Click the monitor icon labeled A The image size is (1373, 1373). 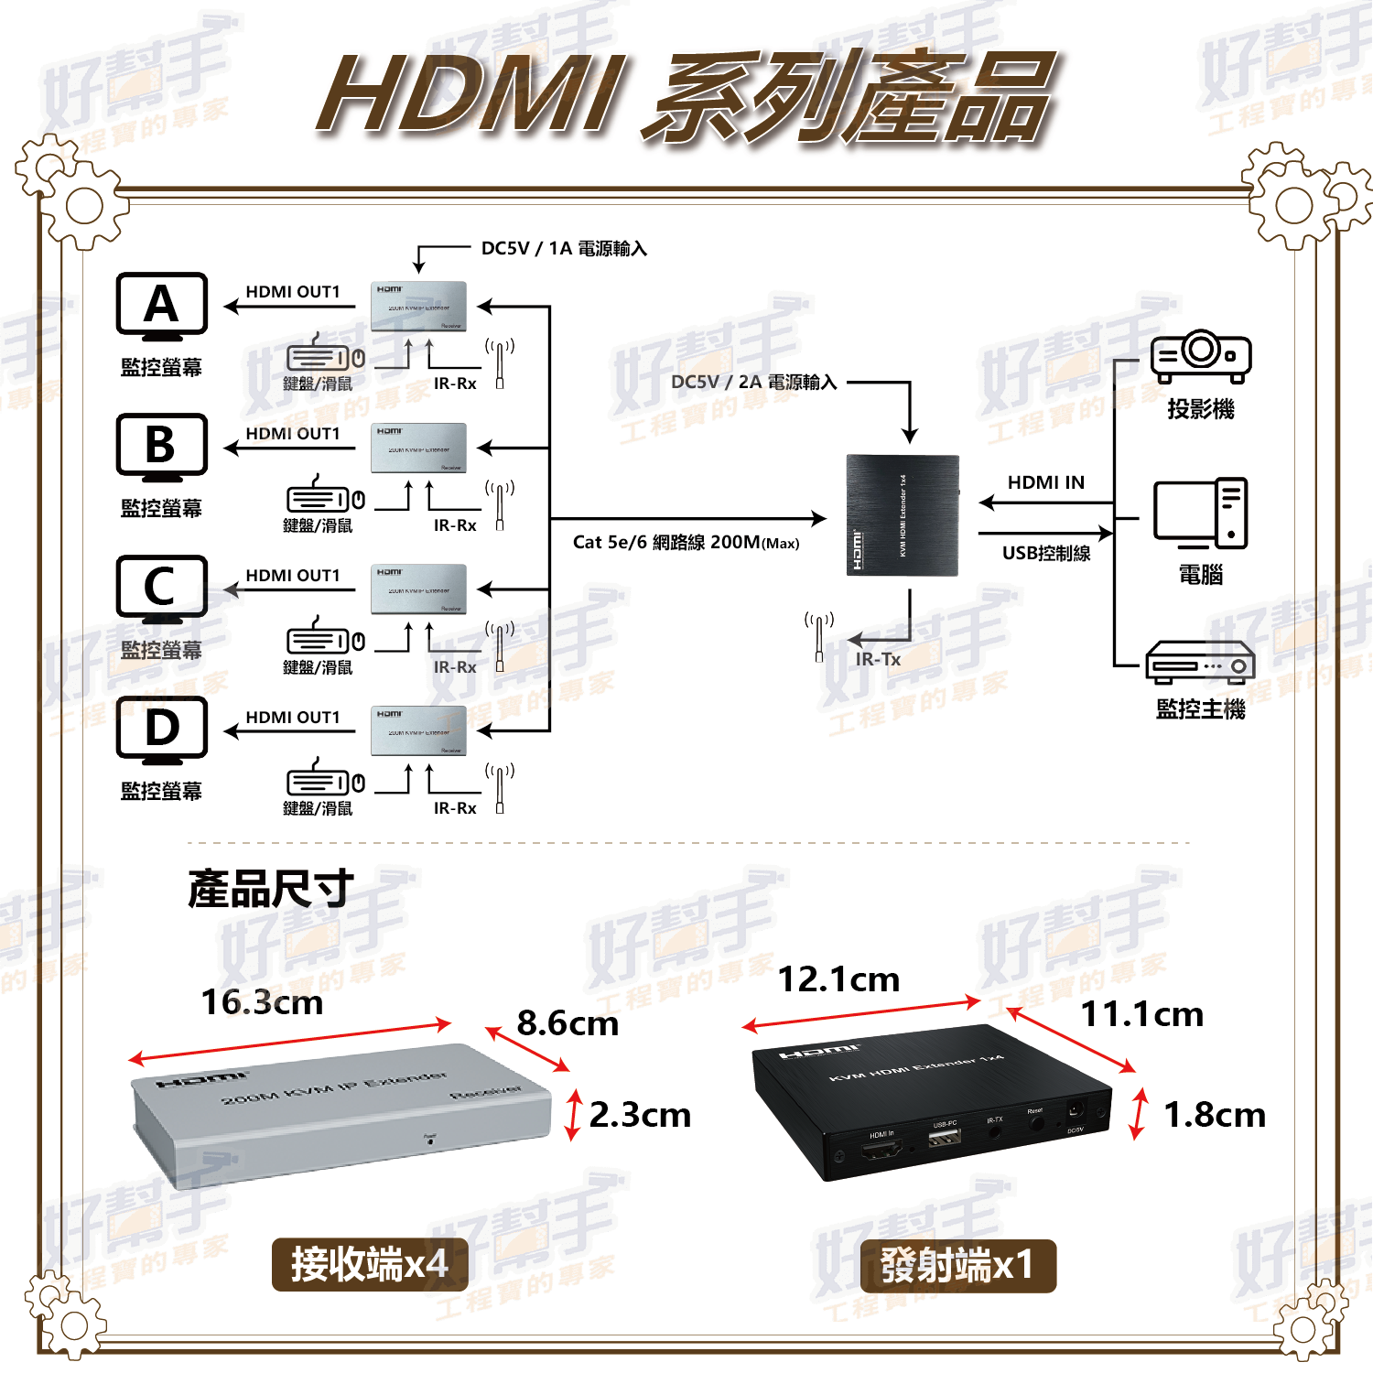click(x=162, y=306)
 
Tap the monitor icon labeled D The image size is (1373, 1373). click(x=162, y=730)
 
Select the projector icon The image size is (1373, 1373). click(x=1200, y=356)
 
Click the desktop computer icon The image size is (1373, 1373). click(x=1200, y=514)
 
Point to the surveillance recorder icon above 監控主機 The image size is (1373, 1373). click(x=1200, y=662)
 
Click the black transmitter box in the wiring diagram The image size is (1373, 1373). click(x=902, y=515)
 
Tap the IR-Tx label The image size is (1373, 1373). click(x=878, y=659)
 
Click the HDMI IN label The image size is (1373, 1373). click(x=1045, y=482)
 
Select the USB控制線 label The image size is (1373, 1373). click(x=1045, y=553)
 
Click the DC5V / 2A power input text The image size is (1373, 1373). click(x=753, y=383)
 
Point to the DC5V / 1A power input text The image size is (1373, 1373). click(x=564, y=249)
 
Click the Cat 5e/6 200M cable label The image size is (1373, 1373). click(x=686, y=543)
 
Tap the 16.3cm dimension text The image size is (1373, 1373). click(x=262, y=1002)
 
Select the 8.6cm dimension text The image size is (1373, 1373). click(x=568, y=1023)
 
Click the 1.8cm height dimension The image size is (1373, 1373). click(x=1214, y=1115)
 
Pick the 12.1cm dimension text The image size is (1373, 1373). click(x=838, y=979)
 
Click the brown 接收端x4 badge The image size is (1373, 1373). click(x=370, y=1265)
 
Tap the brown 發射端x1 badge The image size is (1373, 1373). click(x=957, y=1266)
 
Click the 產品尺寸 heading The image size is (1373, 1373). click(x=270, y=889)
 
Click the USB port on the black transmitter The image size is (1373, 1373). click(x=944, y=1139)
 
